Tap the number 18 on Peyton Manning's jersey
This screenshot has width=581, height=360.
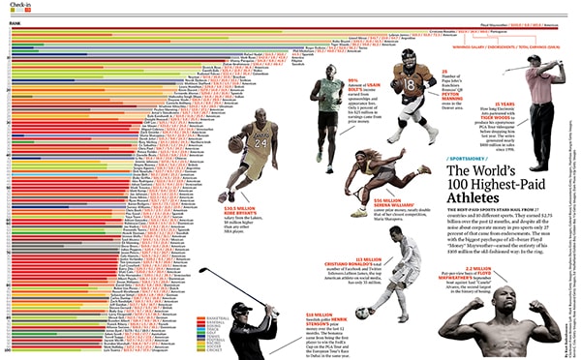(x=409, y=84)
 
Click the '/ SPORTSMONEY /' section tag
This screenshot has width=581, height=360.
(x=471, y=157)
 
